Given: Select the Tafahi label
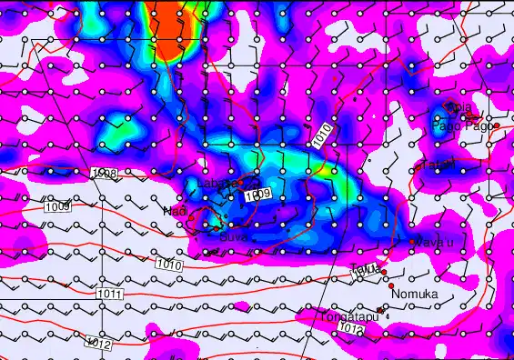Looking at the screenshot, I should point(434,165).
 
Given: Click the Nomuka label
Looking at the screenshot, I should point(415,294).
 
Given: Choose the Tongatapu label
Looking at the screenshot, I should point(348,316).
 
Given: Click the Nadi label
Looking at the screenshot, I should point(173,211).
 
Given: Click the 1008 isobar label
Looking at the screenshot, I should point(104,173).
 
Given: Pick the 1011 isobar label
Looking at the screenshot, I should point(108,294).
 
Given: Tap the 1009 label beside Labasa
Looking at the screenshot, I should point(257,194).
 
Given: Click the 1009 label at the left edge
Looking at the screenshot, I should point(56,207).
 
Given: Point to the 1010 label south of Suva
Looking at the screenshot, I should point(167,264).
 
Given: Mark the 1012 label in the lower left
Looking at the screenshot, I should point(98,343).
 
